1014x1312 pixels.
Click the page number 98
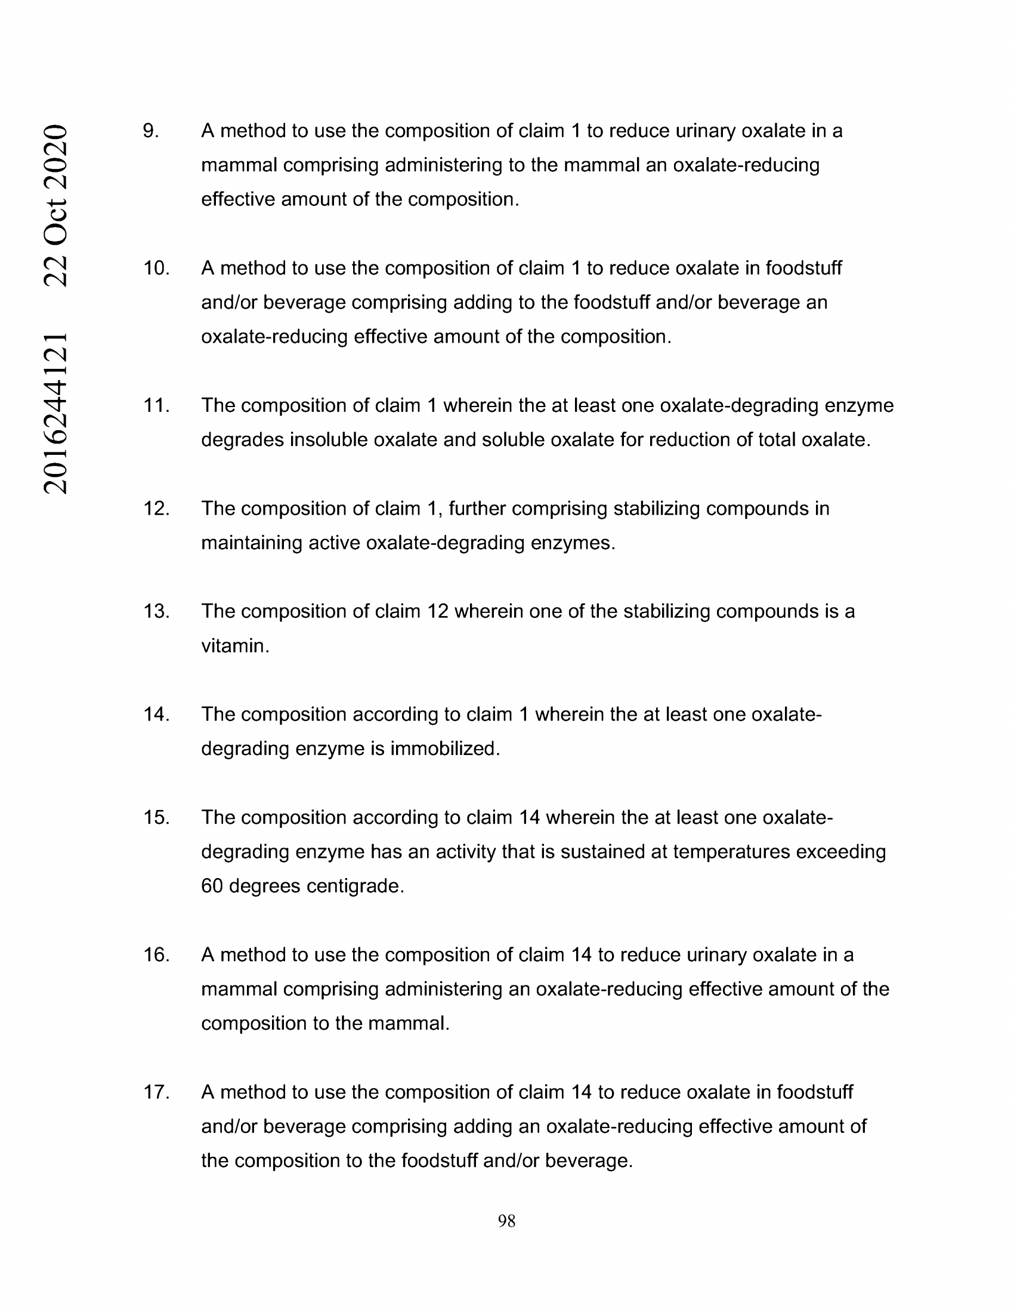[x=506, y=1221]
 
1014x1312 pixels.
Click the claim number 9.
[x=151, y=131]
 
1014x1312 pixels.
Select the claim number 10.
[x=156, y=268]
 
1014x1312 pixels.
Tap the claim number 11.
[x=156, y=405]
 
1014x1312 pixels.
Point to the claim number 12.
[x=156, y=509]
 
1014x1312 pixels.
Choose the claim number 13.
[x=156, y=612]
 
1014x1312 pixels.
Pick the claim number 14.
[x=156, y=714]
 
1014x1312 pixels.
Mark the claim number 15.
[x=156, y=818]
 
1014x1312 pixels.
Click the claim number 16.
[x=156, y=955]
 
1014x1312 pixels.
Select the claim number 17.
[x=156, y=1092]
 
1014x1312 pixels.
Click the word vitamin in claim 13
[x=235, y=646]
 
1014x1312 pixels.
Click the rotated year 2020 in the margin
[x=55, y=154]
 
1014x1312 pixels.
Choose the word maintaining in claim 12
[x=252, y=543]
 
